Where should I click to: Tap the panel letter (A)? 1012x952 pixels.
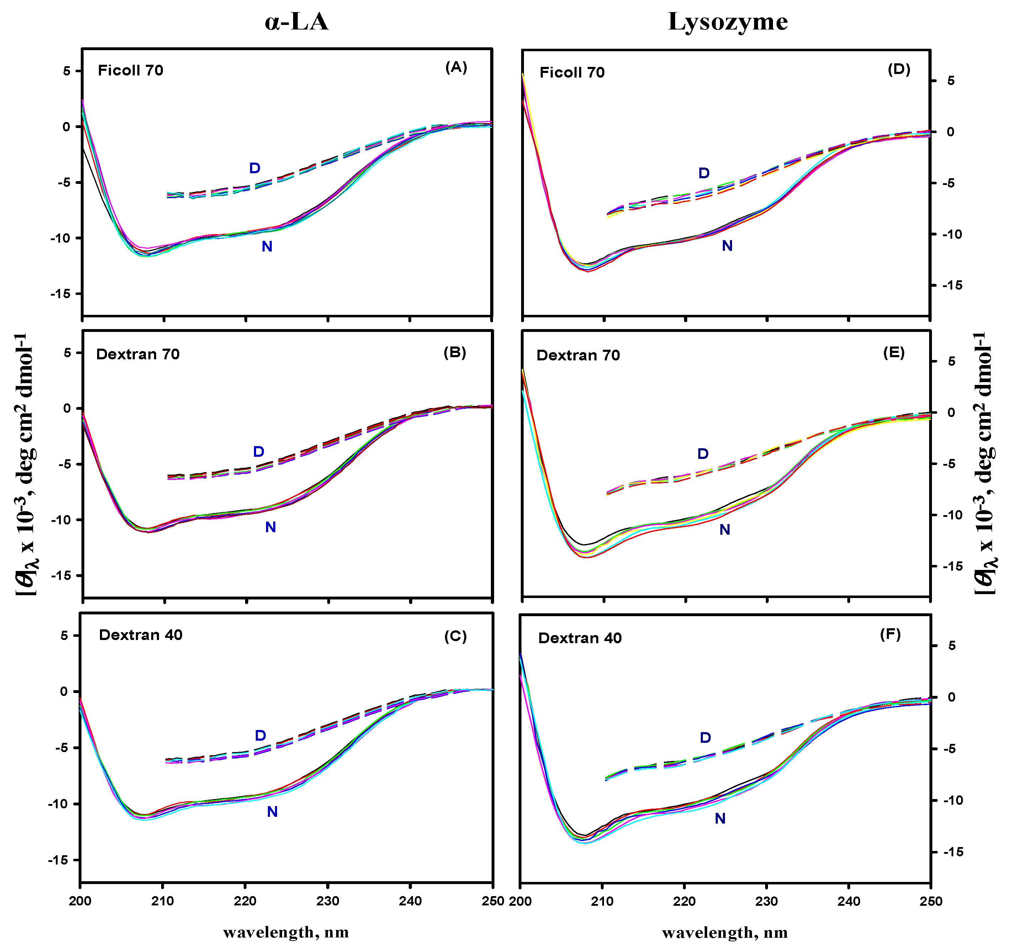coord(456,67)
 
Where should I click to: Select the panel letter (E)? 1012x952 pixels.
coord(894,353)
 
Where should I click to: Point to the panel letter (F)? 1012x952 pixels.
coord(890,634)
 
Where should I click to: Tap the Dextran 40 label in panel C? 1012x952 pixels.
coord(141,635)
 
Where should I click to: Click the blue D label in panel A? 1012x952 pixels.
coord(255,168)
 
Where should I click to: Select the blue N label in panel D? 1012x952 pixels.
coord(727,246)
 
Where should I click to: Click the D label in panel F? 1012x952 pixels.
coord(705,738)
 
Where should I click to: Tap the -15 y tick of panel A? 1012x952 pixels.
coord(60,294)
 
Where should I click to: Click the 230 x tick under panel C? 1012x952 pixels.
coord(327,901)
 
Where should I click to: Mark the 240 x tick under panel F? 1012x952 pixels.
coord(849,901)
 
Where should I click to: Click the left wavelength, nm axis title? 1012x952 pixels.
coord(286,933)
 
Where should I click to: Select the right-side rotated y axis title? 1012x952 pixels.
coord(985,463)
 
